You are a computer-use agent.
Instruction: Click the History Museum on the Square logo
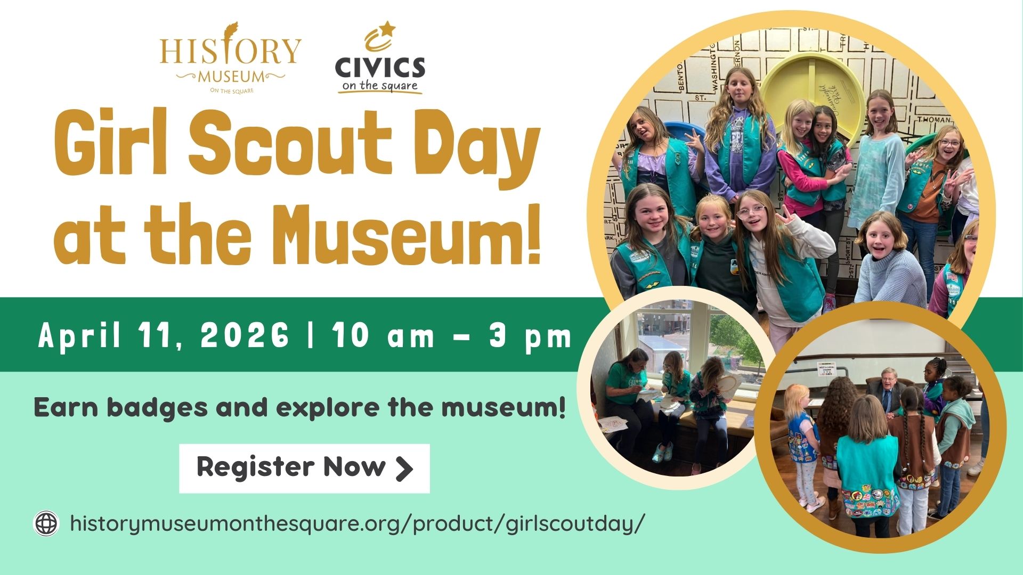[230, 58]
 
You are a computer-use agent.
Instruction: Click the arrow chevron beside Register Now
[404, 469]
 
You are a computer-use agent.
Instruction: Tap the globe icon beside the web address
[46, 523]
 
